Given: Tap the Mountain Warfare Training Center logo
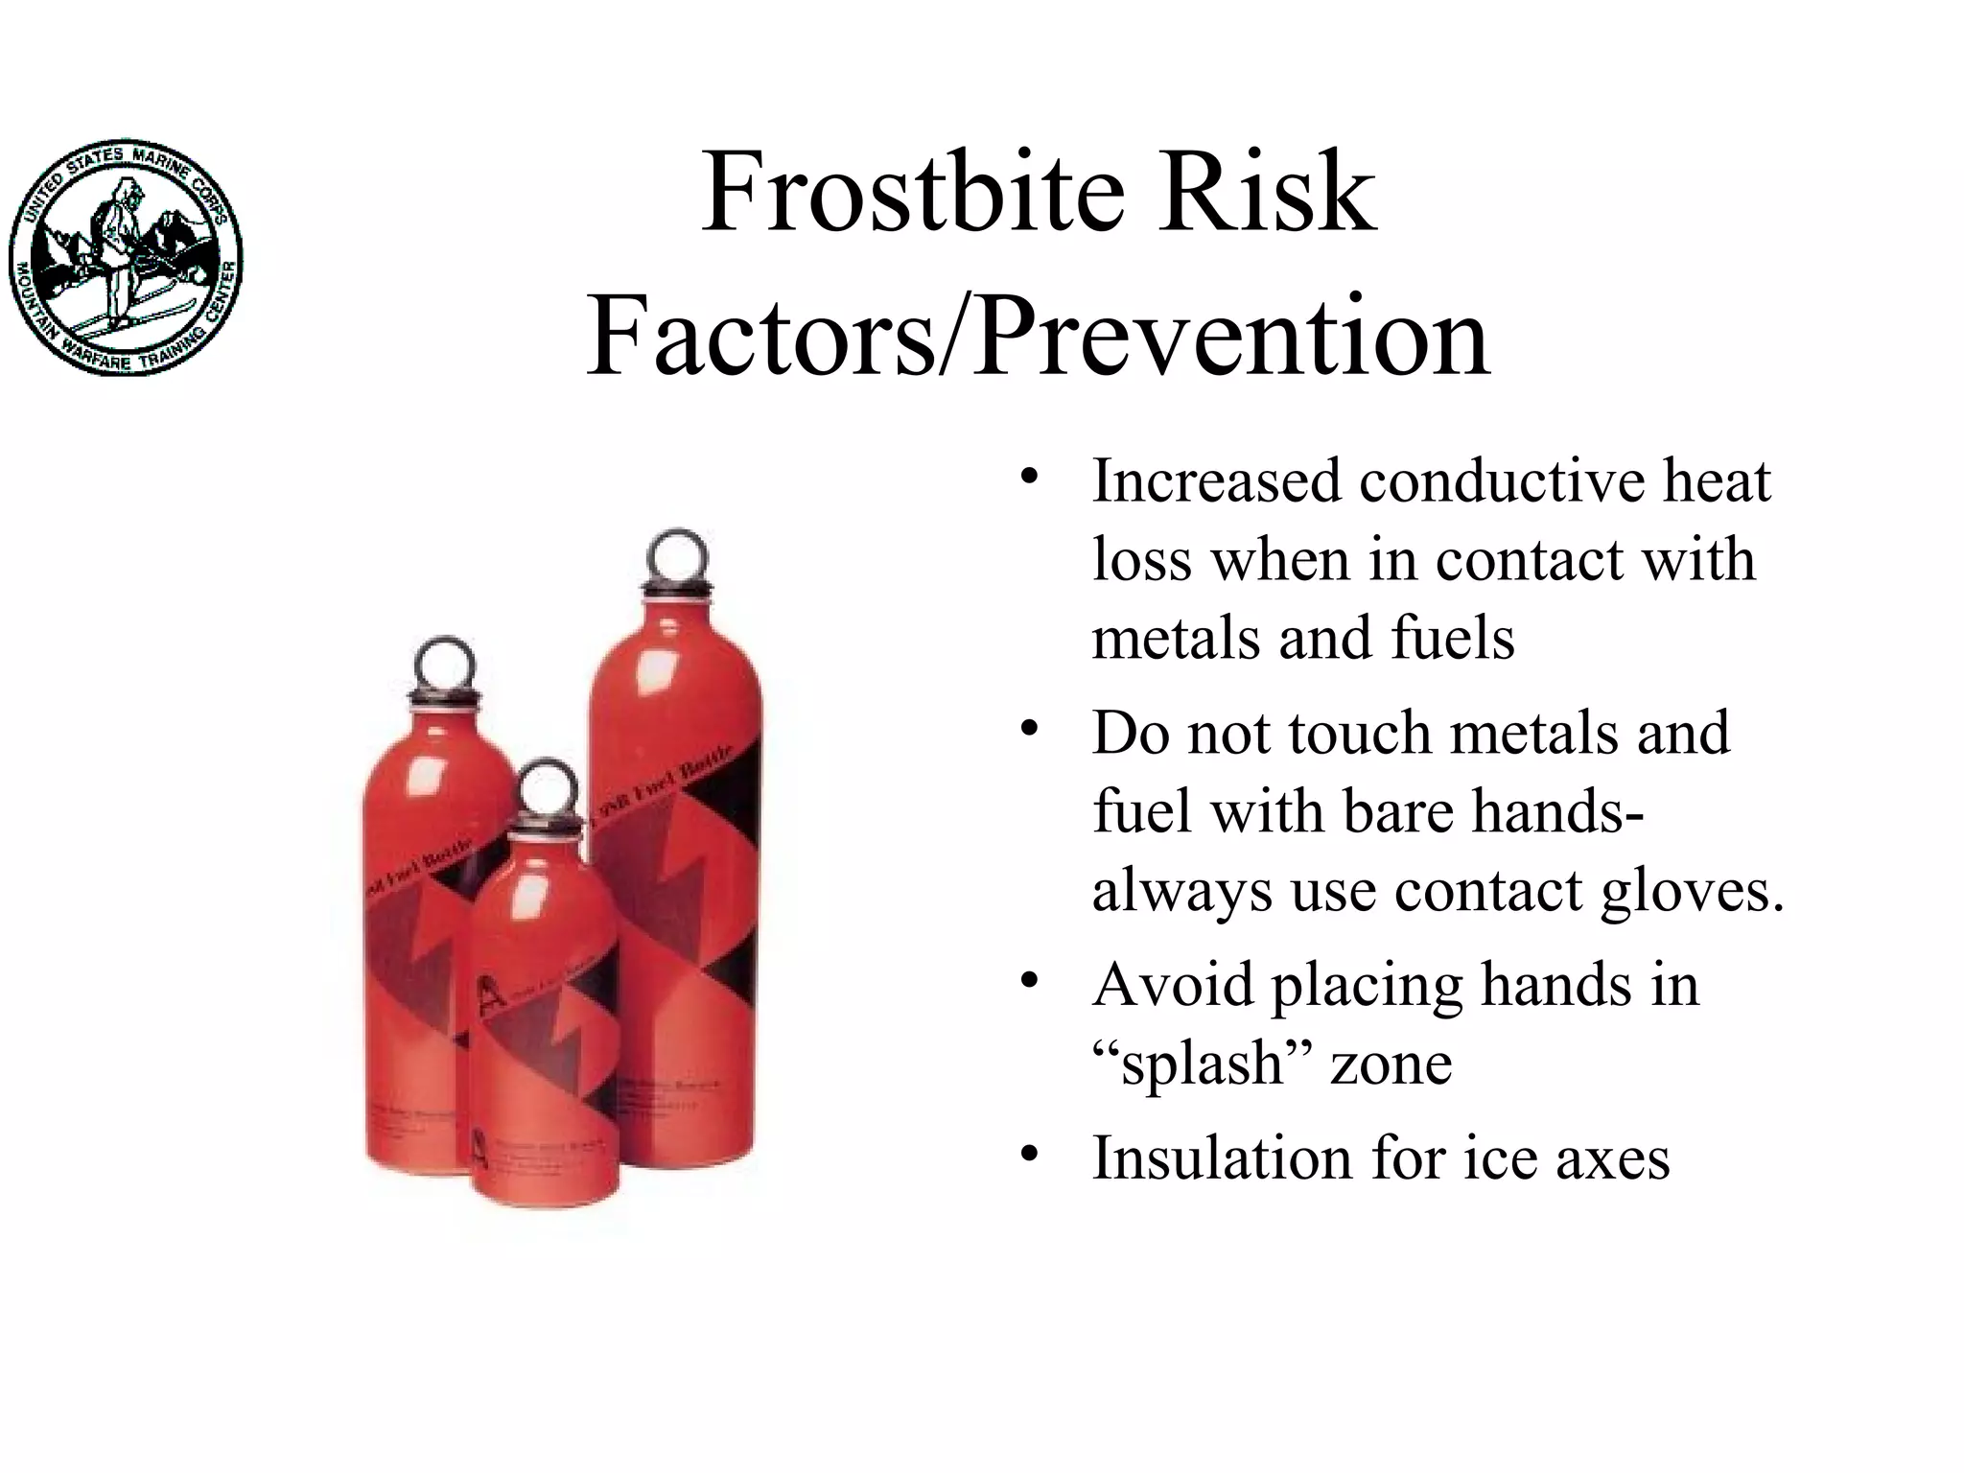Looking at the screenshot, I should [x=126, y=256].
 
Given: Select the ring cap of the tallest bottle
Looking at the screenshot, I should [x=680, y=556].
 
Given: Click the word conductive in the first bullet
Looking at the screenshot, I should [x=1501, y=480].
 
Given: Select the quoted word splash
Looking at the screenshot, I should [x=1203, y=1064].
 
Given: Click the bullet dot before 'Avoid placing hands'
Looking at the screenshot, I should [x=1030, y=981].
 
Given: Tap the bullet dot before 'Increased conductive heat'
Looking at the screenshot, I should [x=1030, y=477].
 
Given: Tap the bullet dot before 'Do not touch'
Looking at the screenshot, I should [x=1030, y=729].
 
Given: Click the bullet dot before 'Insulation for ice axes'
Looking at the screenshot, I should [x=1030, y=1154].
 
